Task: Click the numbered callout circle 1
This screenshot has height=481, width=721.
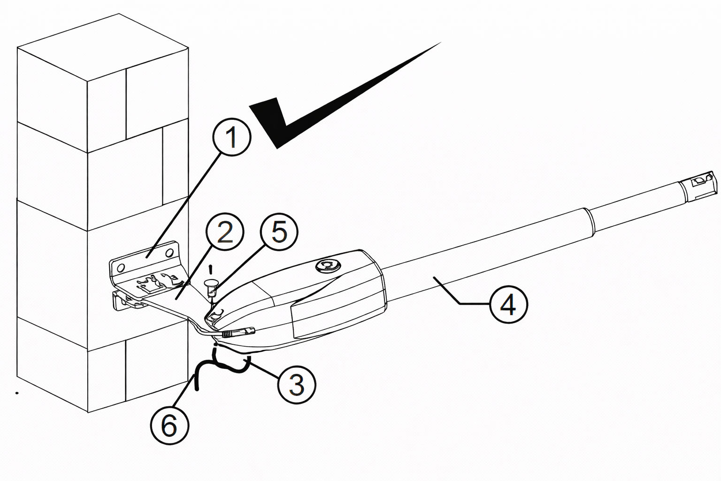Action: tap(232, 136)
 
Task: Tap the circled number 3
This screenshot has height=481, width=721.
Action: tap(296, 383)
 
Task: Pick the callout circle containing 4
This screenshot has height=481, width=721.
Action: tap(508, 304)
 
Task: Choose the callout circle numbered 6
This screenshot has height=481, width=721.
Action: tap(169, 426)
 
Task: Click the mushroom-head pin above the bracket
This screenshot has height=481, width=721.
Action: tap(212, 283)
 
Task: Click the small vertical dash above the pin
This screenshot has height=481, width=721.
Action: tap(211, 269)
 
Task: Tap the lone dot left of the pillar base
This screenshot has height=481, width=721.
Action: tap(17, 393)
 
